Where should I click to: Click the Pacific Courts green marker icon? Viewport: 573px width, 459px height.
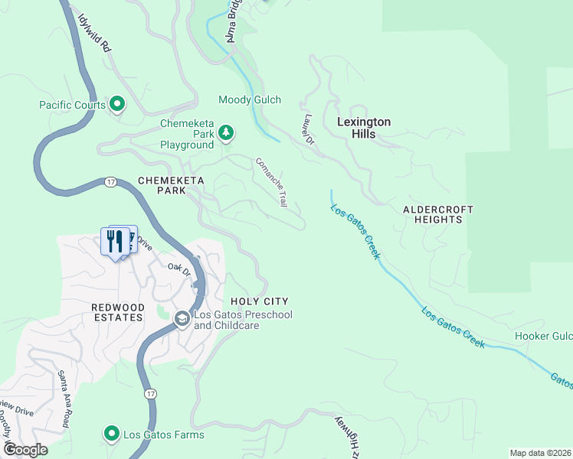pyautogui.click(x=117, y=103)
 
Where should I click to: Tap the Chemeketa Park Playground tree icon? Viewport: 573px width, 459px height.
pyautogui.click(x=226, y=134)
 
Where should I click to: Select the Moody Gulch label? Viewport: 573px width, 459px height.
pyautogui.click(x=250, y=100)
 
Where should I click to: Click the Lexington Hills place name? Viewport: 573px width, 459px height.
pyautogui.click(x=365, y=128)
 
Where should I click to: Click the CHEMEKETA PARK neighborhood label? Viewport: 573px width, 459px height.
pyautogui.click(x=162, y=185)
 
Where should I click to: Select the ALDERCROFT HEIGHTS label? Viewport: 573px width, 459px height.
pyautogui.click(x=438, y=214)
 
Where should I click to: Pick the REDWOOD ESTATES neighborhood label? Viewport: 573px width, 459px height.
pyautogui.click(x=117, y=311)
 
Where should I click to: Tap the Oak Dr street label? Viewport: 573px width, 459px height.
pyautogui.click(x=178, y=268)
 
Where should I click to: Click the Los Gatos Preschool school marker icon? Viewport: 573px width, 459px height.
pyautogui.click(x=182, y=320)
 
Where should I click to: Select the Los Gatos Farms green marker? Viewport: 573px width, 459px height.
pyautogui.click(x=112, y=435)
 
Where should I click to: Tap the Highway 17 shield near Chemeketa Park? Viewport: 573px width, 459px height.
pyautogui.click(x=111, y=182)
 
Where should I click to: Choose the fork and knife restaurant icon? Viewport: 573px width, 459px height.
pyautogui.click(x=115, y=242)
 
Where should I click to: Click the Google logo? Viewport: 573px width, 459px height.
pyautogui.click(x=25, y=450)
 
